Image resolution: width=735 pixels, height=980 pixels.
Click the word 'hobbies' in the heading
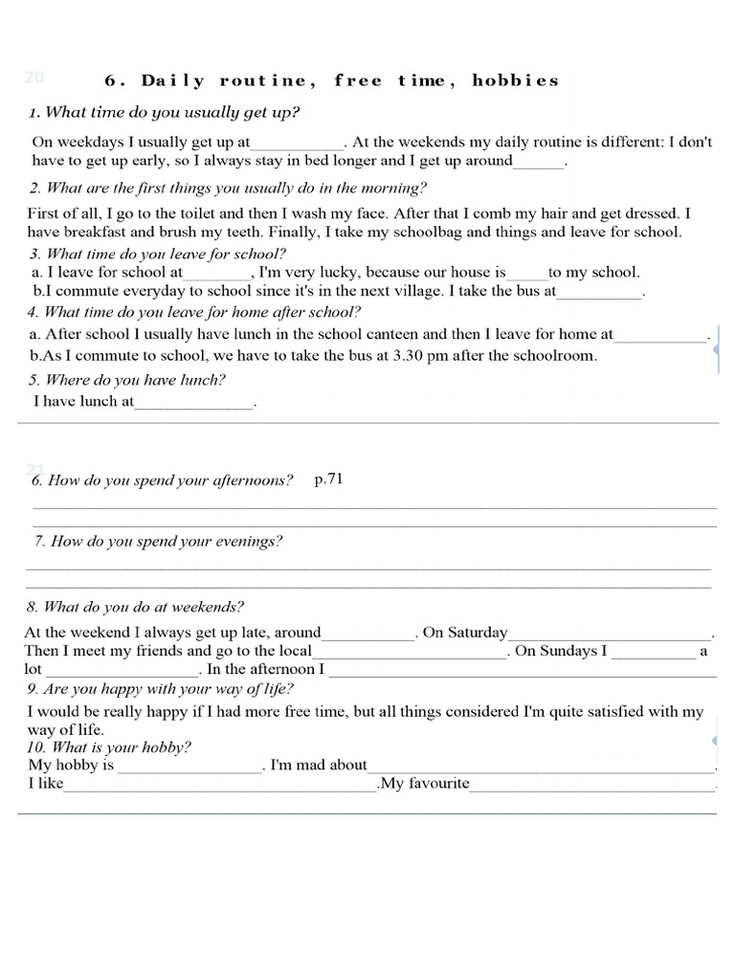(x=515, y=80)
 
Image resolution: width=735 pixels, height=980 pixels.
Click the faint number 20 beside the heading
(x=34, y=78)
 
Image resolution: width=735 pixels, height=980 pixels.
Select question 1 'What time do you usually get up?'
(x=164, y=113)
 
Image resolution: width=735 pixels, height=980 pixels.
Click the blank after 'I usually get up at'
(x=297, y=144)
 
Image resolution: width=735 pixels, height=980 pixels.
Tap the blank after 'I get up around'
(x=539, y=163)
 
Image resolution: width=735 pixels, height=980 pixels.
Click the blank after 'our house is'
(x=526, y=274)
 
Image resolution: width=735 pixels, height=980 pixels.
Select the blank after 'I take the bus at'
(x=599, y=293)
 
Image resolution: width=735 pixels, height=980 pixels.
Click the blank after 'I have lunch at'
(x=194, y=404)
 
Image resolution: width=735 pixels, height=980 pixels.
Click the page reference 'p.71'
(x=328, y=479)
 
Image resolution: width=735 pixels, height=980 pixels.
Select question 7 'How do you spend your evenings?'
(x=158, y=542)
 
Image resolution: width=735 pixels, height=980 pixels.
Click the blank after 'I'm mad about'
(x=541, y=768)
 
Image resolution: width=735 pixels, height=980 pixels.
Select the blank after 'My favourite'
(x=592, y=786)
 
